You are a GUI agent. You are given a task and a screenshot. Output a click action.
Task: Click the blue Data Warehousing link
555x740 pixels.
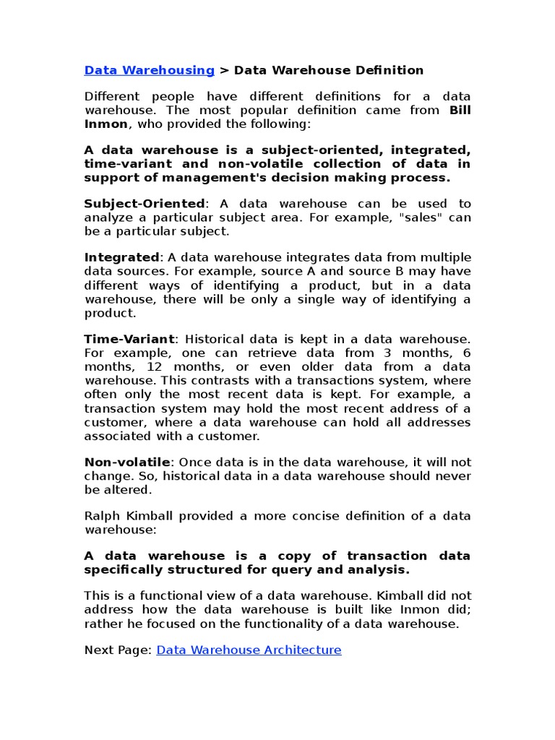(149, 70)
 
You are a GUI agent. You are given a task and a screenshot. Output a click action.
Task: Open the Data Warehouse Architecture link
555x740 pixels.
(249, 650)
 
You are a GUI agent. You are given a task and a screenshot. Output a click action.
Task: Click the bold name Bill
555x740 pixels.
(460, 110)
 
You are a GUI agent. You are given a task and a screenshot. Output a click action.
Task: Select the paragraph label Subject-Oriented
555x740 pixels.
(145, 204)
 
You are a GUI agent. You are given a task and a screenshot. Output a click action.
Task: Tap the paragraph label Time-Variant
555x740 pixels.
(129, 339)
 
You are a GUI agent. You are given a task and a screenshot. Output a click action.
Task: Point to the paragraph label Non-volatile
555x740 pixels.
(127, 462)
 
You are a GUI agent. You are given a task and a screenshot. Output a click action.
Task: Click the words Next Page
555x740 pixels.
(116, 650)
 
